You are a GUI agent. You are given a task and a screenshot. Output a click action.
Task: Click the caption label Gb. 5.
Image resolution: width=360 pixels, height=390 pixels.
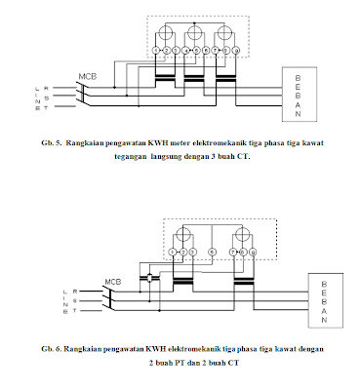(x=55, y=143)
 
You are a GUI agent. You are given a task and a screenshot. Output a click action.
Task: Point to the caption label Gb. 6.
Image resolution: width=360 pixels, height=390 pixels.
(x=54, y=348)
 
